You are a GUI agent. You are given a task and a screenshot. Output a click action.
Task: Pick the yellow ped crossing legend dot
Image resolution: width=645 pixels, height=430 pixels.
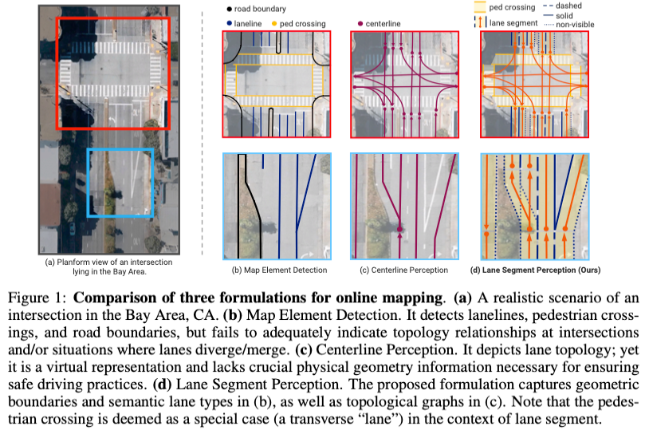(x=275, y=24)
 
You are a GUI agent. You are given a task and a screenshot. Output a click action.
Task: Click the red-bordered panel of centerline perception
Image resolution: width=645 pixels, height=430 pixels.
(x=404, y=85)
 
